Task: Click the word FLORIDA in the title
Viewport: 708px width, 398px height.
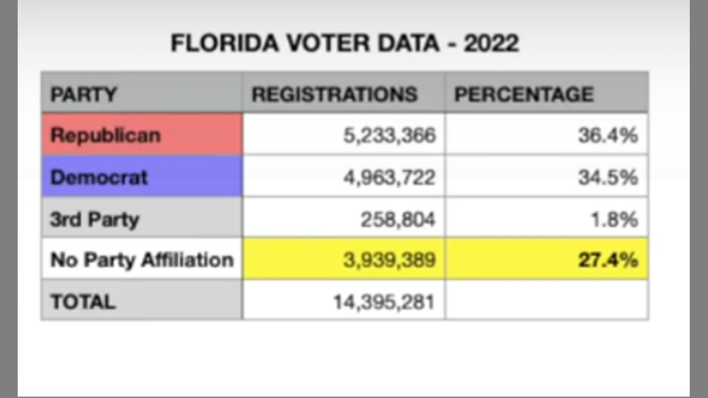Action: (225, 43)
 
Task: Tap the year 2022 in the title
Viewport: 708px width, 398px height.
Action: (491, 43)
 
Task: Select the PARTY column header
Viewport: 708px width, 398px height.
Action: (84, 94)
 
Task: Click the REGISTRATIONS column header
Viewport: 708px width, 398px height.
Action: (334, 94)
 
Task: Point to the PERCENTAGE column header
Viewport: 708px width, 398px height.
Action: (523, 94)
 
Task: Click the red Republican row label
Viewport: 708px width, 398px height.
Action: (105, 135)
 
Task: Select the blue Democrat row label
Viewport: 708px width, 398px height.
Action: (99, 177)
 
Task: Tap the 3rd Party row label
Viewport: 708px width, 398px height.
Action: (95, 219)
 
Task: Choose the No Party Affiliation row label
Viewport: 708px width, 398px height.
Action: (142, 260)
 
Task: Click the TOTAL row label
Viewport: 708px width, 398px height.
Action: (83, 302)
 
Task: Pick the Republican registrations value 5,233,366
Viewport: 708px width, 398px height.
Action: (389, 135)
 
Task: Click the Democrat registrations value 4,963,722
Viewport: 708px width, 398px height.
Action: (389, 177)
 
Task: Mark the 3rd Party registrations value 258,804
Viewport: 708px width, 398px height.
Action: (398, 219)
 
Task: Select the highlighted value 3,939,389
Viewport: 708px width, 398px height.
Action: (389, 260)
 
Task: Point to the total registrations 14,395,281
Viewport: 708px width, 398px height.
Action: (383, 302)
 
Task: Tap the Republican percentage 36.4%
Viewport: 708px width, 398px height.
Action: (607, 135)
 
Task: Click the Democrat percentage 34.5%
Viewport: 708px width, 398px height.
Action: (607, 177)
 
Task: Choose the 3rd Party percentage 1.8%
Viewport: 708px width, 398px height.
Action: (614, 219)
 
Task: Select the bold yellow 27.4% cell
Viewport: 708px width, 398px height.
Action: (607, 260)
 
